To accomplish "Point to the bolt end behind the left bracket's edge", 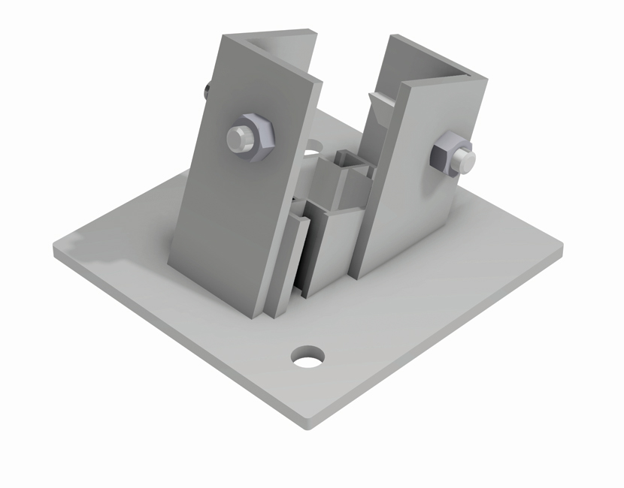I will tap(206, 91).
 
